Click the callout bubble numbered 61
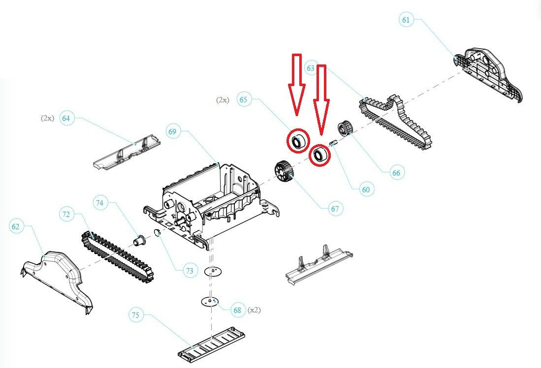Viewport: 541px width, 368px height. (406, 20)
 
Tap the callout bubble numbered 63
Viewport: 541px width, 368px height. (310, 69)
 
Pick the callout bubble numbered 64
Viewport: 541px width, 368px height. (66, 119)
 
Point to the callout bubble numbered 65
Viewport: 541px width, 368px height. (244, 99)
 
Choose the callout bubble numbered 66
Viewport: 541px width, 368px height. (396, 173)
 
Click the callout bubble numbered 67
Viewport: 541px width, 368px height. (335, 209)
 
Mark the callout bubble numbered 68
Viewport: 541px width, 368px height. (238, 310)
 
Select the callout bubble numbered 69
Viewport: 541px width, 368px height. (172, 131)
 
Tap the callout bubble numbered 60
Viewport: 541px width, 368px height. (366, 189)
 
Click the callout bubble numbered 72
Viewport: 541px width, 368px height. (66, 214)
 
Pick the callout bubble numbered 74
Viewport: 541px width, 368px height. (100, 203)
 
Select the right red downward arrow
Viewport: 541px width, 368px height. (322, 98)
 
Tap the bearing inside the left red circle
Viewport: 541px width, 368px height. (297, 141)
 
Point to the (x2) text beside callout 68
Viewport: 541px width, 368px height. (254, 310)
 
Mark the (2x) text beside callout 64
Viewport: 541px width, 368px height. (47, 119)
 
